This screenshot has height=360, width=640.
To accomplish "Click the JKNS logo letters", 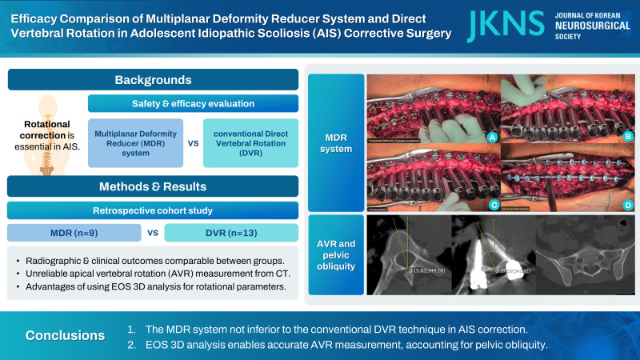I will tap(497, 26).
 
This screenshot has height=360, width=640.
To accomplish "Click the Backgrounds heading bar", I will tap(153, 81).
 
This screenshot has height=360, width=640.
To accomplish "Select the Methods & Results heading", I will tap(153, 187).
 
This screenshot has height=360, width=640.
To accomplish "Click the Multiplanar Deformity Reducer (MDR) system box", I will tap(137, 142).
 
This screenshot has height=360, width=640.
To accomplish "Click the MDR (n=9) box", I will tap(73, 233).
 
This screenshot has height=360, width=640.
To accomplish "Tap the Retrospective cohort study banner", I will tap(153, 210).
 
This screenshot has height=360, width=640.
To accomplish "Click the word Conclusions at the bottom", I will tap(64, 335).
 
